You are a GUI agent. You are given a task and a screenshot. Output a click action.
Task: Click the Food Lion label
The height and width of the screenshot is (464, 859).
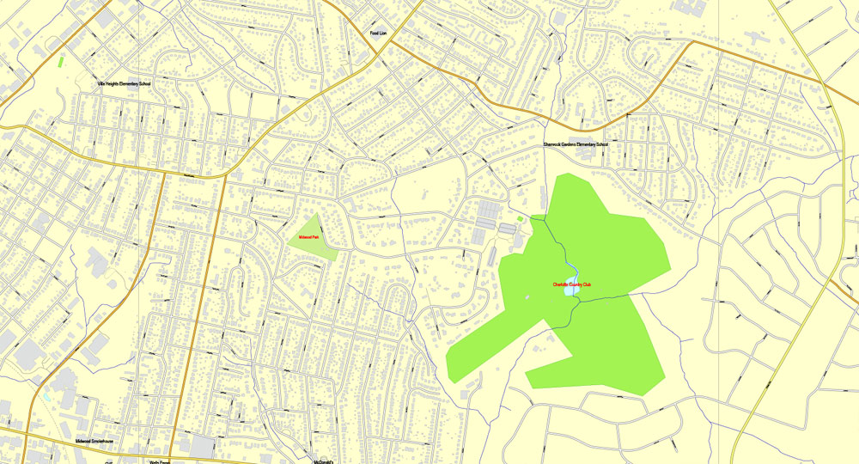[378, 34]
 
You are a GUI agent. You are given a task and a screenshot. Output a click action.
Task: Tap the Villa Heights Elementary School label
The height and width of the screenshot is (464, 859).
[124, 84]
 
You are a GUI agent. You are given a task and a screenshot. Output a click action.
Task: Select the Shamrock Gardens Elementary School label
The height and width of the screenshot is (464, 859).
[575, 144]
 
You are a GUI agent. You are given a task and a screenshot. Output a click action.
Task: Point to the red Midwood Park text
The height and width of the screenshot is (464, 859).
[308, 236]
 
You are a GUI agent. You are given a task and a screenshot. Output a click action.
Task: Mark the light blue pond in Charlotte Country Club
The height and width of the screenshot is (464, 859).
[570, 291]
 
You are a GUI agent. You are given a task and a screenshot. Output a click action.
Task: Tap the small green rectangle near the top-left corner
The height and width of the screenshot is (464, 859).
[61, 62]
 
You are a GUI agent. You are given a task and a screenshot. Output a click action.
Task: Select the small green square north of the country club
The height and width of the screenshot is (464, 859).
[520, 218]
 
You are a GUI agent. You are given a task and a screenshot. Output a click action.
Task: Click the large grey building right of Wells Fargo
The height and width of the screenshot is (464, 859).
[204, 446]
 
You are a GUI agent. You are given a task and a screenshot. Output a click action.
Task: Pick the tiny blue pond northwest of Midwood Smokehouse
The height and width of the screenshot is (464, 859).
[45, 398]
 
